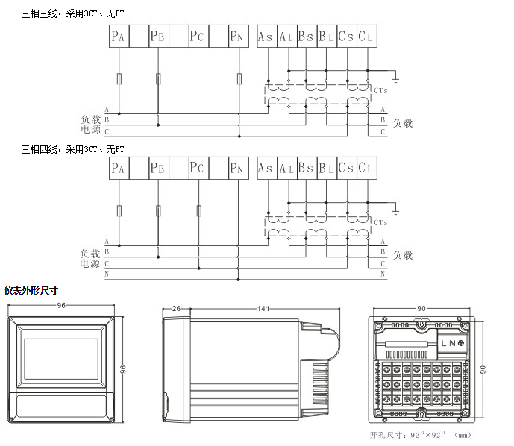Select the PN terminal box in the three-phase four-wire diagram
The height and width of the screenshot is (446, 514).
tap(237, 169)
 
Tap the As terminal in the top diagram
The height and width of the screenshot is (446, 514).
tap(266, 36)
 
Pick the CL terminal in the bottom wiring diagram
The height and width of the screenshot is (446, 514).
tap(367, 169)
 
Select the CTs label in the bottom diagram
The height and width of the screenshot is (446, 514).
tap(380, 222)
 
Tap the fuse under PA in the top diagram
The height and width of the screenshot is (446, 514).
tap(119, 78)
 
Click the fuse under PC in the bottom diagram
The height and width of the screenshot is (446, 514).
tap(198, 211)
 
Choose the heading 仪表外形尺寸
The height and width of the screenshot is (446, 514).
tap(31, 290)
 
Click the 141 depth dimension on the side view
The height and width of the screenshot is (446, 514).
tap(263, 308)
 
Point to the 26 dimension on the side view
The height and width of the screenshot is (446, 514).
tap(177, 308)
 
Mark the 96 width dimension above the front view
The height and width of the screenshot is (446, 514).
tap(61, 305)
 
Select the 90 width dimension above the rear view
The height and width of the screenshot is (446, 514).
tap(421, 308)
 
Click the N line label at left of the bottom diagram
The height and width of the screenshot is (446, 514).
tap(107, 275)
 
